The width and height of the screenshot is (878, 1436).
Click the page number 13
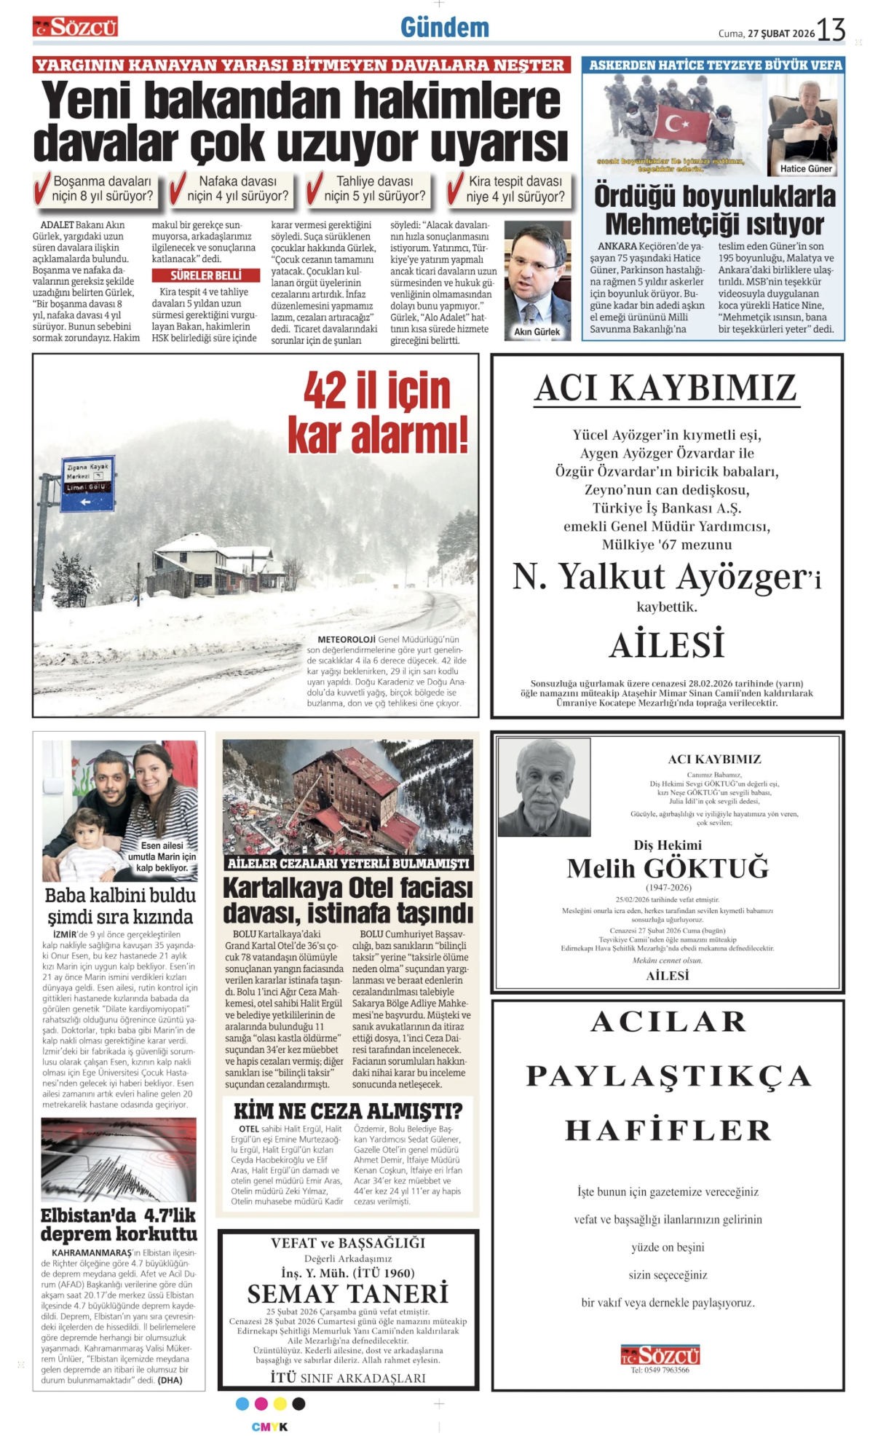(831, 30)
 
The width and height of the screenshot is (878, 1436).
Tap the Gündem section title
(444, 28)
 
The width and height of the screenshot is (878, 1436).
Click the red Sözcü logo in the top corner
(75, 28)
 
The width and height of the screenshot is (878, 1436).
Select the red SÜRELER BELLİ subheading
(206, 275)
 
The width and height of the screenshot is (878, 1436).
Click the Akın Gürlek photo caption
(537, 331)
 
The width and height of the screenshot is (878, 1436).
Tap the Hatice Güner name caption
(805, 169)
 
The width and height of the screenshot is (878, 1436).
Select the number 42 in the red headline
(325, 391)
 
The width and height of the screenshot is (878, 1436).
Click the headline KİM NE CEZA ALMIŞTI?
(348, 1111)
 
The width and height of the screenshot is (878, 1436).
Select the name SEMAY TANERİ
(348, 1294)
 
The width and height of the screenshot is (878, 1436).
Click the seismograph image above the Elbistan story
(119, 1161)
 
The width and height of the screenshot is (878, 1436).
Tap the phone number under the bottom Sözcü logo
(660, 1370)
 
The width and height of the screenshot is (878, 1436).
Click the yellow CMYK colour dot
(280, 1404)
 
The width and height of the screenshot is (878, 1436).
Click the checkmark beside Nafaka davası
(176, 189)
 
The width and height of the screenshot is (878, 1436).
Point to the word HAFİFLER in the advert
(668, 1130)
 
